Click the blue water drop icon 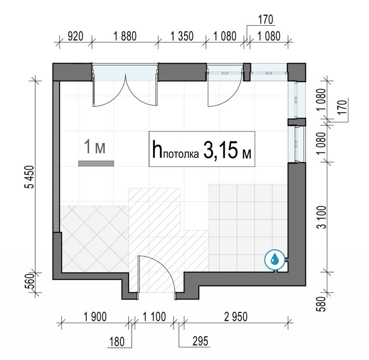click(274, 259)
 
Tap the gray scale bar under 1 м click(96, 163)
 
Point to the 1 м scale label click(95, 147)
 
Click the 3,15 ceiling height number click(220, 150)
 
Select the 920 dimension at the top click(75, 36)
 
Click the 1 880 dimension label click(125, 36)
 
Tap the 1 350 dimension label click(182, 36)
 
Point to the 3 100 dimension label click(322, 217)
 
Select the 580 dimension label click(322, 304)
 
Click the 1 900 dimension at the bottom click(95, 317)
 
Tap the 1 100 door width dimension click(155, 317)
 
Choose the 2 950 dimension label click(236, 317)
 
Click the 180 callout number click(117, 342)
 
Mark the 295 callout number click(201, 341)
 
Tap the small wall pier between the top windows click(247, 72)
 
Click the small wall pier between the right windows click(297, 122)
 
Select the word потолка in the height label click(181, 155)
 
